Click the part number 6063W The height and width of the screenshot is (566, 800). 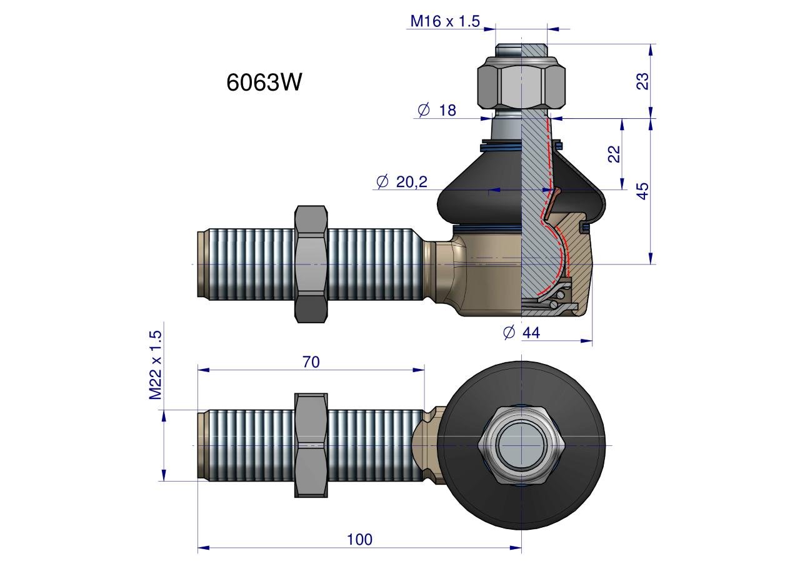click(264, 82)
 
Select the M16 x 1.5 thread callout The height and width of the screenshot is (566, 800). click(445, 21)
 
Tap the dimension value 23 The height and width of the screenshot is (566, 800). click(642, 81)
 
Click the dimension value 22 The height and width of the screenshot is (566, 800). click(614, 154)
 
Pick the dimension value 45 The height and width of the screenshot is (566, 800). click(642, 191)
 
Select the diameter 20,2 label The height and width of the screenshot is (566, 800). click(402, 182)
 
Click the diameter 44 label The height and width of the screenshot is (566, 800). click(521, 333)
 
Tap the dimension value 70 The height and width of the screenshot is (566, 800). click(311, 362)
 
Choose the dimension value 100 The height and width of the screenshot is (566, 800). click(359, 540)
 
